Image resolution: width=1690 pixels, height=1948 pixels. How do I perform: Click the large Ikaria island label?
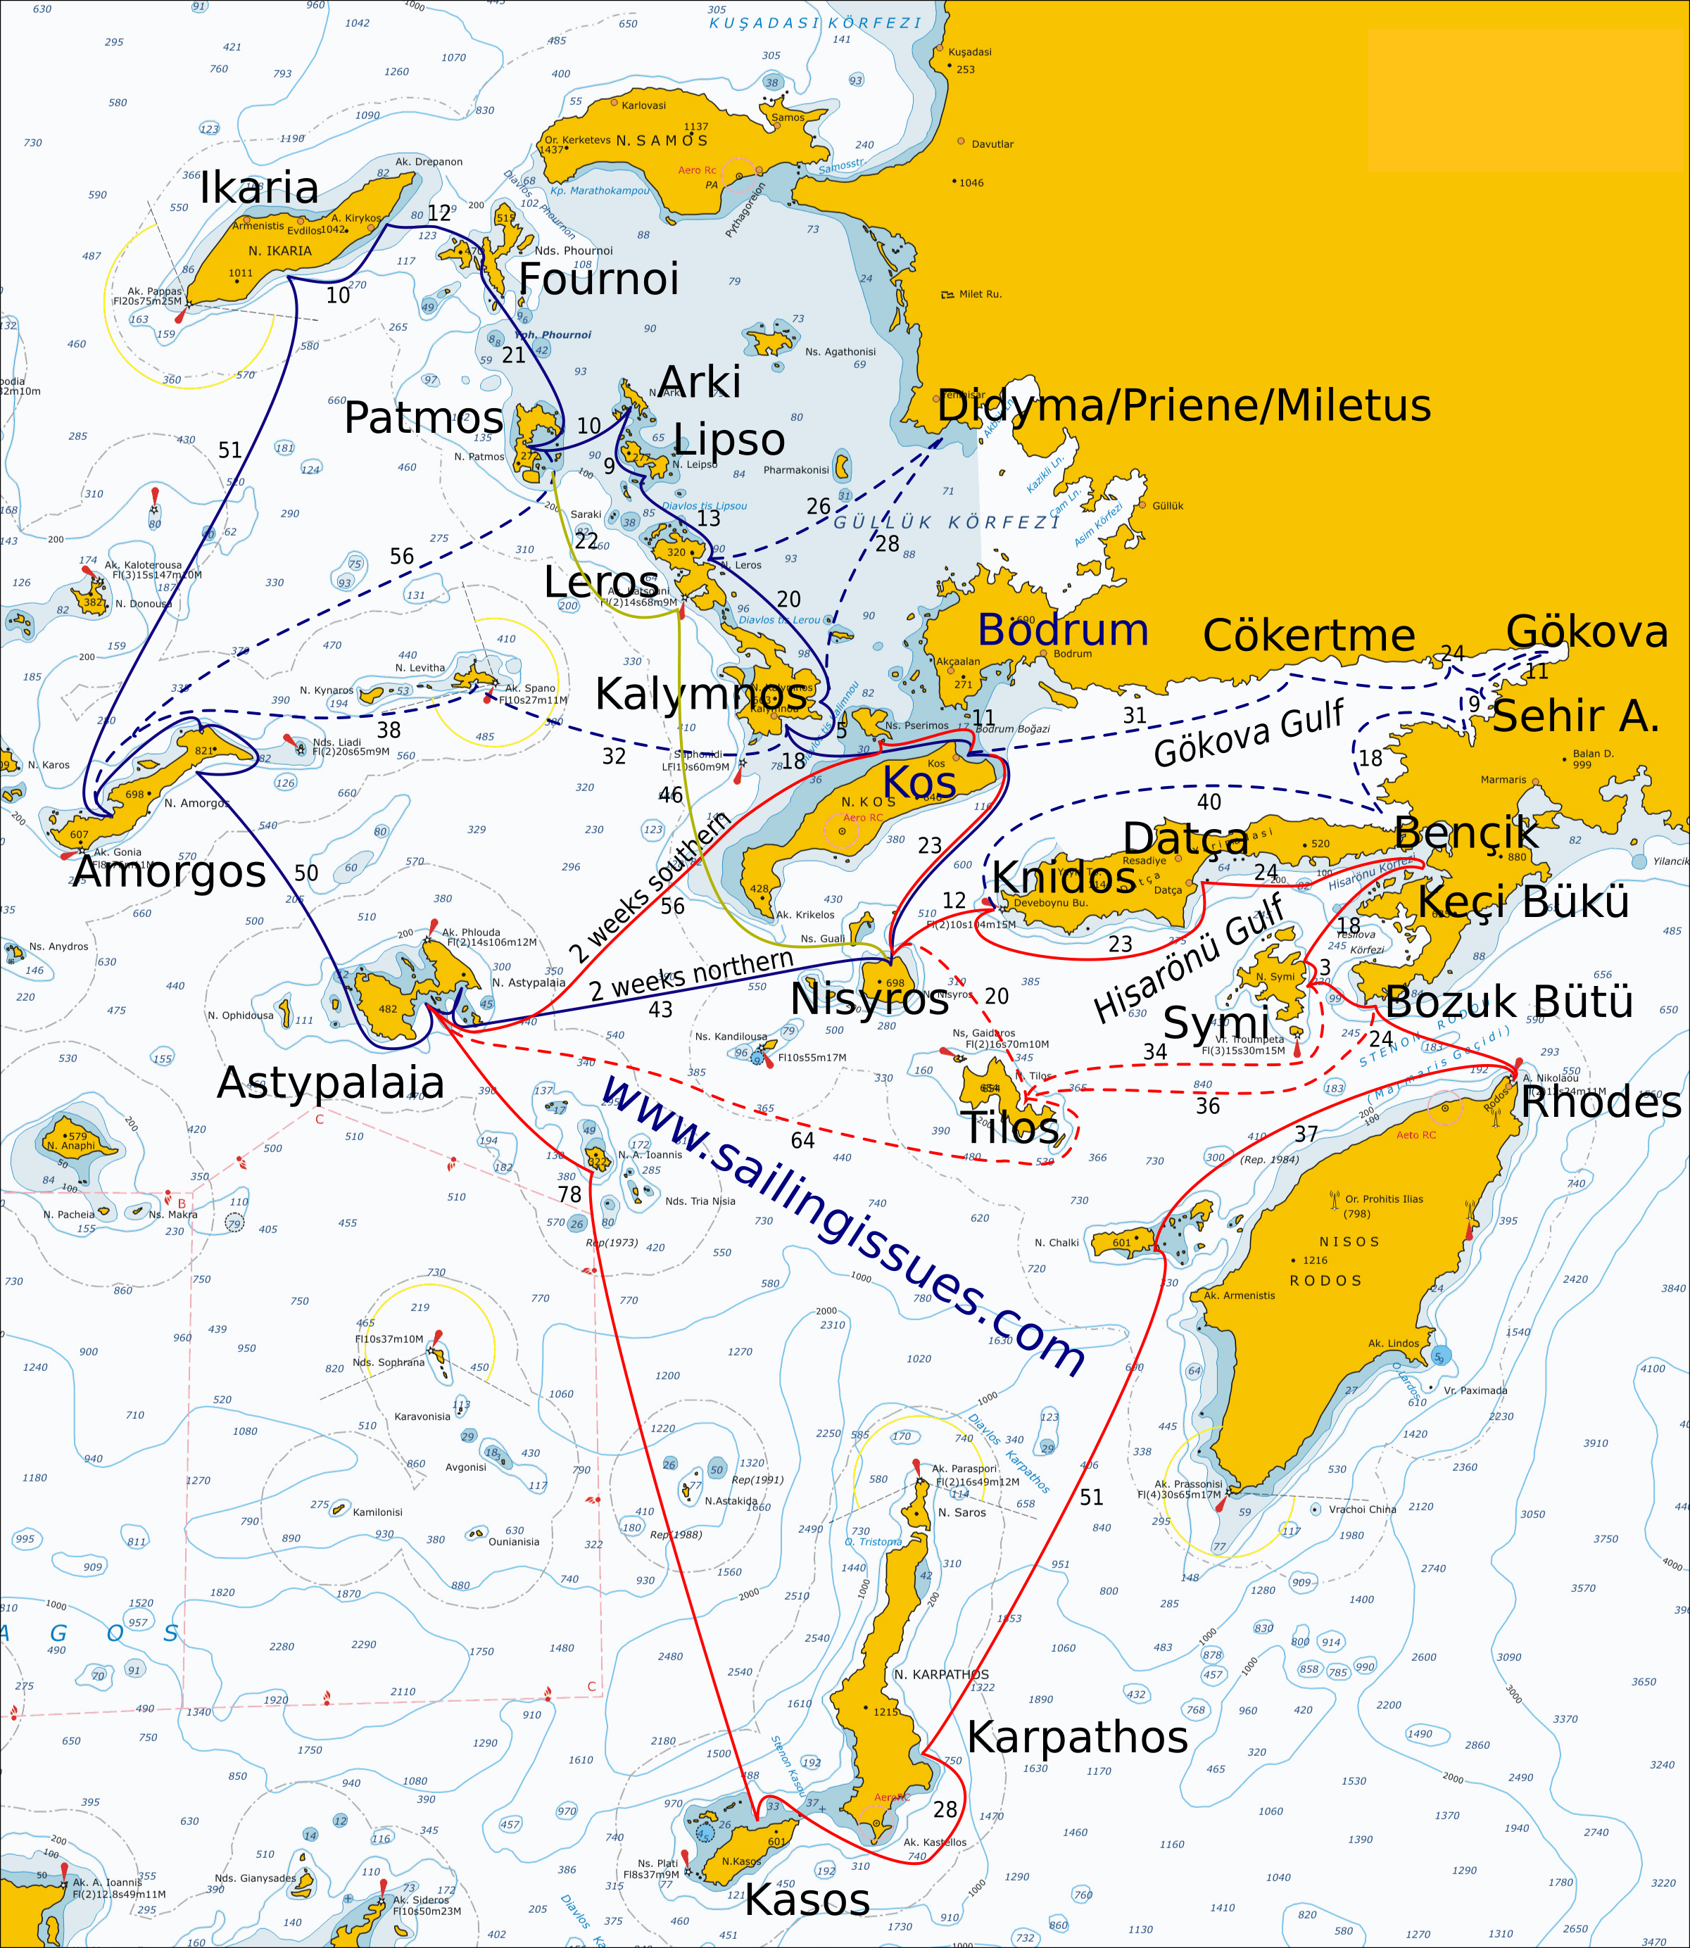tap(259, 188)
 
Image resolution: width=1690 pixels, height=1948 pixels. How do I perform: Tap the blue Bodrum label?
tap(1063, 629)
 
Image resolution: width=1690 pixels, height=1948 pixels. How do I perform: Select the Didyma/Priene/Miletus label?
tap(1184, 405)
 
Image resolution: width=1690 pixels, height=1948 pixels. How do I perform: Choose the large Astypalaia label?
tap(330, 1082)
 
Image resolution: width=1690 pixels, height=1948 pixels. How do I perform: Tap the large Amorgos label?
tap(170, 871)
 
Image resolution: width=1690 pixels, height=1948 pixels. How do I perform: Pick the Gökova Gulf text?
tap(1249, 733)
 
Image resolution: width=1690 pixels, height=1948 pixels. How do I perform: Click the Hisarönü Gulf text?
tap(1190, 957)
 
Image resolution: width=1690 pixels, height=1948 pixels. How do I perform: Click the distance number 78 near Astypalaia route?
tap(569, 1195)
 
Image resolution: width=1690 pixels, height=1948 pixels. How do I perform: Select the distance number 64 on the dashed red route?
tap(802, 1140)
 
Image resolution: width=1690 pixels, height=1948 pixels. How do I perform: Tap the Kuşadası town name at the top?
tap(969, 52)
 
